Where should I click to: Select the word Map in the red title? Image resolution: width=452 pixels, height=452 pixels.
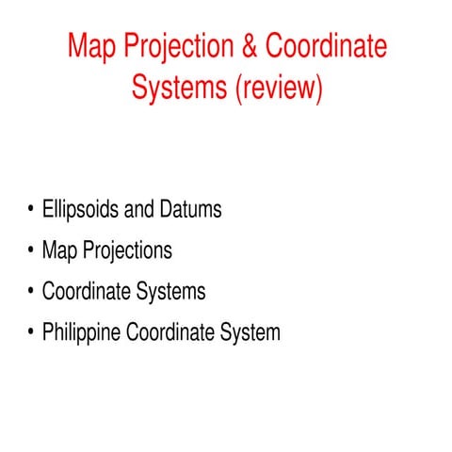(94, 45)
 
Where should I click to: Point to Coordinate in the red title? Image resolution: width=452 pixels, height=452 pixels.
(326, 45)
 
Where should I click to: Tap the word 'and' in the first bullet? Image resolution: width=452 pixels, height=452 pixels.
(142, 209)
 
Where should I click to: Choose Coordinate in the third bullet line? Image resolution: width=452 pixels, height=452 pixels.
(85, 292)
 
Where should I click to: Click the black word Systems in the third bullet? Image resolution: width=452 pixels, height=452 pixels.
(169, 292)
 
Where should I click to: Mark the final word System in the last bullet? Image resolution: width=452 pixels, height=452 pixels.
(247, 333)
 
